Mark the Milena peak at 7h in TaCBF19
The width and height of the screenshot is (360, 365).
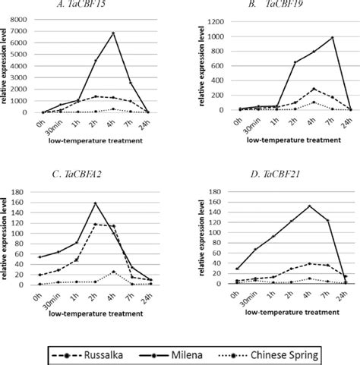pyautogui.click(x=332, y=37)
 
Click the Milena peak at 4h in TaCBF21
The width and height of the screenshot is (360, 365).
pyautogui.click(x=309, y=206)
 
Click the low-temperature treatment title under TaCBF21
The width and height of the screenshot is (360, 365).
pyautogui.click(x=276, y=312)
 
